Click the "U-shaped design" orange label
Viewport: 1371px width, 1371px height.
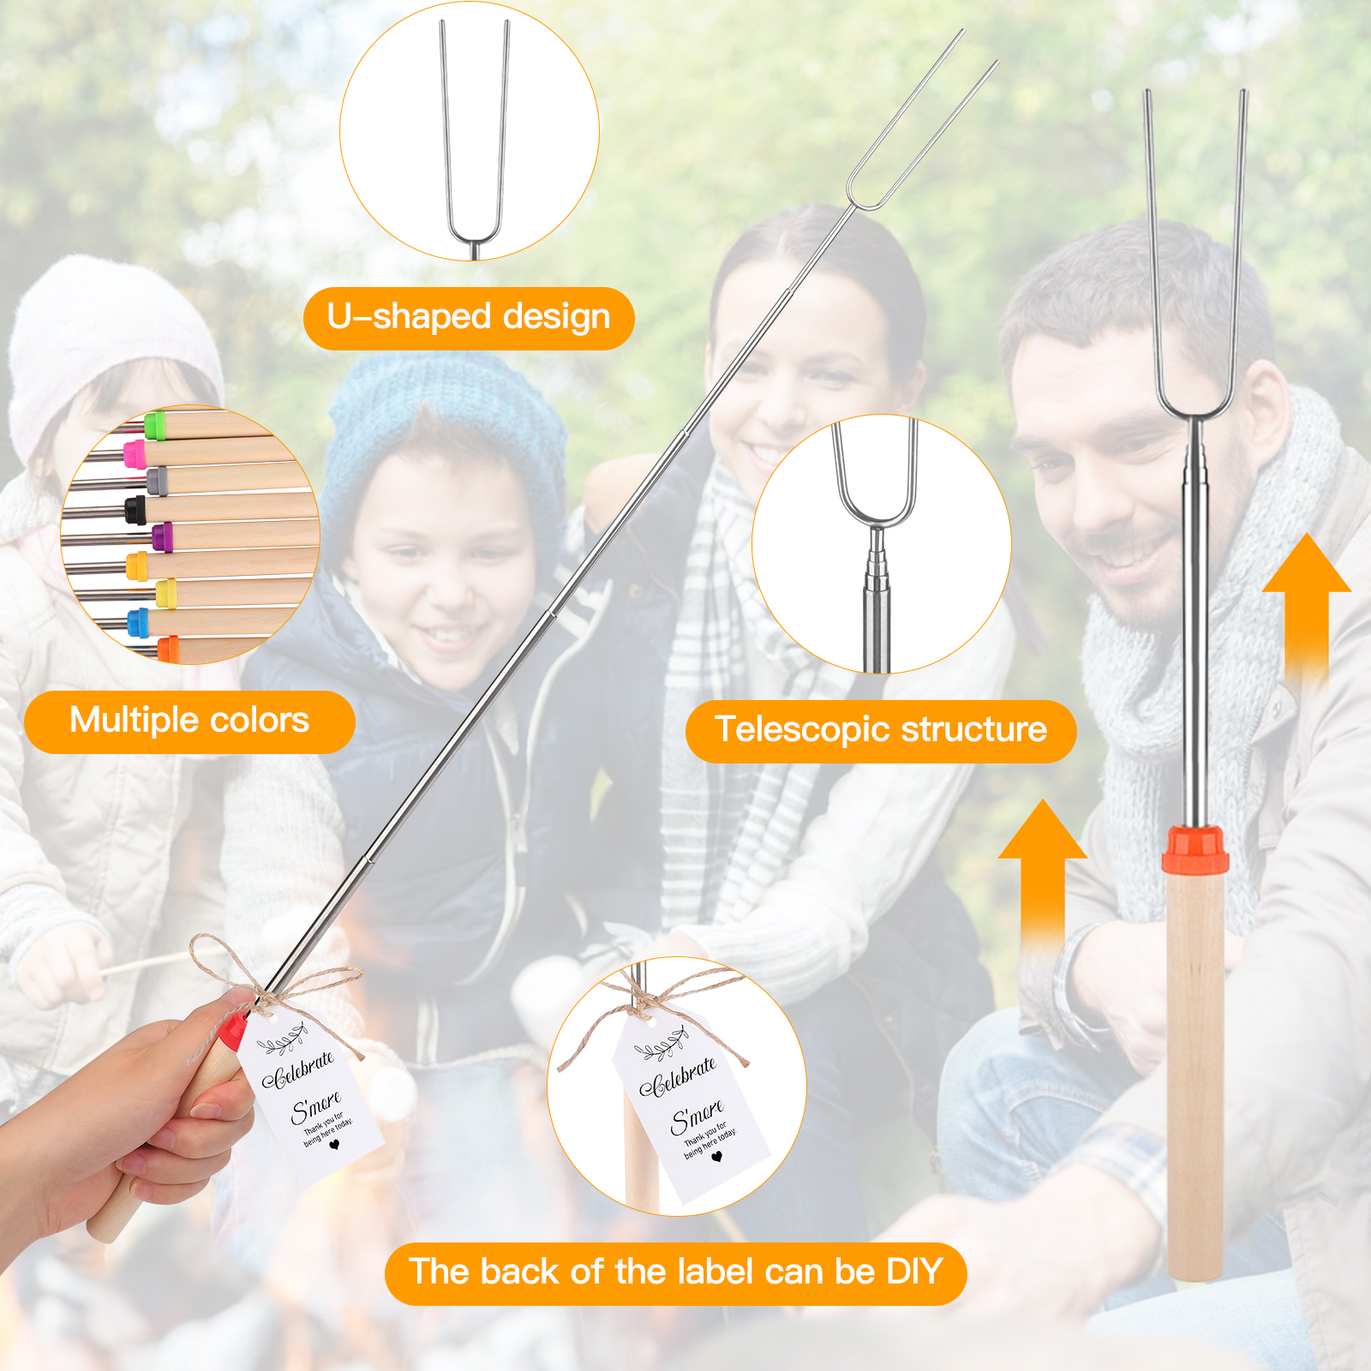click(469, 318)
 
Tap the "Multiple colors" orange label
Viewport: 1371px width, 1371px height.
click(189, 721)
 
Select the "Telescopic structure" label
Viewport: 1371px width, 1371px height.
click(881, 731)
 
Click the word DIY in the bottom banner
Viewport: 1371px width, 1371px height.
click(914, 1272)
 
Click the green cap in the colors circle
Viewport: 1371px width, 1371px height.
click(154, 424)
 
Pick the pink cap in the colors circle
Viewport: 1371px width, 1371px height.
click(135, 453)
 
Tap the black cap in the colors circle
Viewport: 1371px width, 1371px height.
click(135, 508)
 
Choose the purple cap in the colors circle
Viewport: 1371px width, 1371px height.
click(162, 537)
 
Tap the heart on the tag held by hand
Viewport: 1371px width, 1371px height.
click(334, 1144)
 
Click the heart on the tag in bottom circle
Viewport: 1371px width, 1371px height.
click(717, 1157)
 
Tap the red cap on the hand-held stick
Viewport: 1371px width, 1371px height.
click(233, 1026)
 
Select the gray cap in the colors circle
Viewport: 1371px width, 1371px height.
click(157, 481)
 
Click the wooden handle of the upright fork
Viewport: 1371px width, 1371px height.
click(1195, 1075)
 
